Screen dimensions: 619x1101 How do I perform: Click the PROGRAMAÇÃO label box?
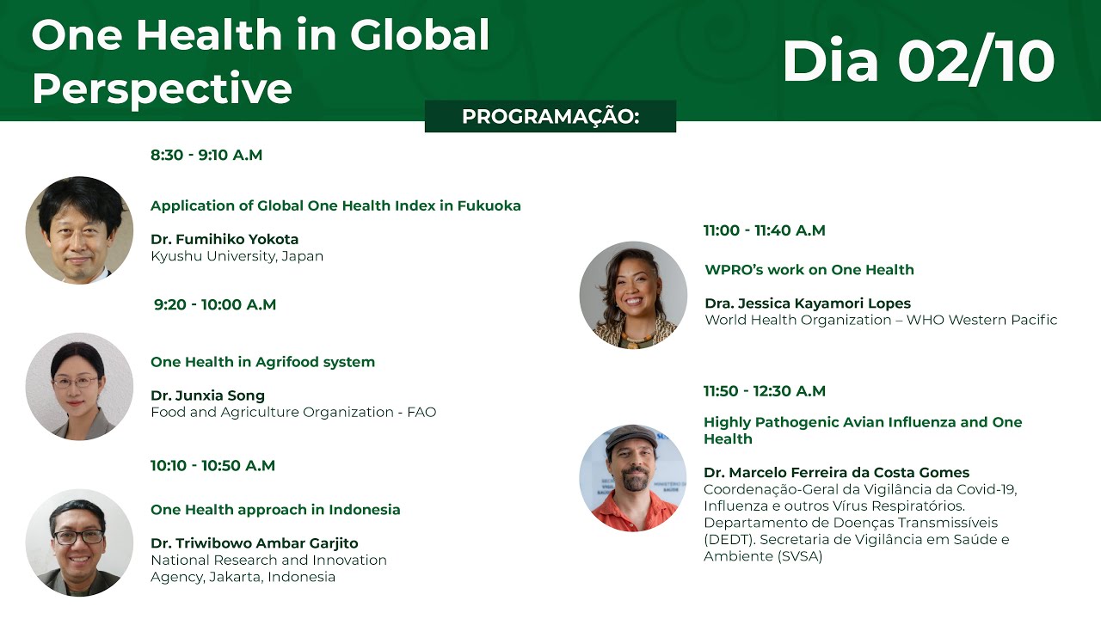(x=550, y=117)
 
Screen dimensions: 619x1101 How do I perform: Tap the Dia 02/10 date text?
(x=918, y=62)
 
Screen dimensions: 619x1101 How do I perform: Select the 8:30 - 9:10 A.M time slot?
(x=206, y=156)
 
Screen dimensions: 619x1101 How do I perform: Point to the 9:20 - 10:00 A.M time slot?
(x=215, y=305)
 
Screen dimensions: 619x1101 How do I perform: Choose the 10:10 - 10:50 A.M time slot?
(x=212, y=466)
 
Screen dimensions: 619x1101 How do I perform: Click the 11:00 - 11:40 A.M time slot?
(x=764, y=230)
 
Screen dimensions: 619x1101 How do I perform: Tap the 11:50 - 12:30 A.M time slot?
(x=764, y=391)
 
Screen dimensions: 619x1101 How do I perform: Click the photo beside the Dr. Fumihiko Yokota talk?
(x=79, y=230)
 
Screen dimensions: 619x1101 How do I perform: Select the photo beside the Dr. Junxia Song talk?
(x=79, y=387)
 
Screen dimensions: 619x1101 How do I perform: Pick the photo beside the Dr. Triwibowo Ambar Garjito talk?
(x=79, y=542)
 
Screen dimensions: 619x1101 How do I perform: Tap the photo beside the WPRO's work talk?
(x=633, y=295)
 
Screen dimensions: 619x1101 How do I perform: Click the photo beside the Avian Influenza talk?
(x=633, y=478)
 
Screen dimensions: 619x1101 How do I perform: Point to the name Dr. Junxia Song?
(x=207, y=395)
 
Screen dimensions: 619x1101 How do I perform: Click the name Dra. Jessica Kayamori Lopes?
(x=807, y=303)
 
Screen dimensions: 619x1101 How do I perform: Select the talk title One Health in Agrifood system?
(x=262, y=362)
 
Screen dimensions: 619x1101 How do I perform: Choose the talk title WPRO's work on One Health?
(x=809, y=270)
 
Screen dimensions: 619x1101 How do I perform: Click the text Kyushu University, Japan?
(x=237, y=256)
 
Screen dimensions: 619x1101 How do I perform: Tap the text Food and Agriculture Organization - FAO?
(x=293, y=413)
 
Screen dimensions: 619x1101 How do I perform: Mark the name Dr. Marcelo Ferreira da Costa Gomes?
(x=836, y=473)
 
